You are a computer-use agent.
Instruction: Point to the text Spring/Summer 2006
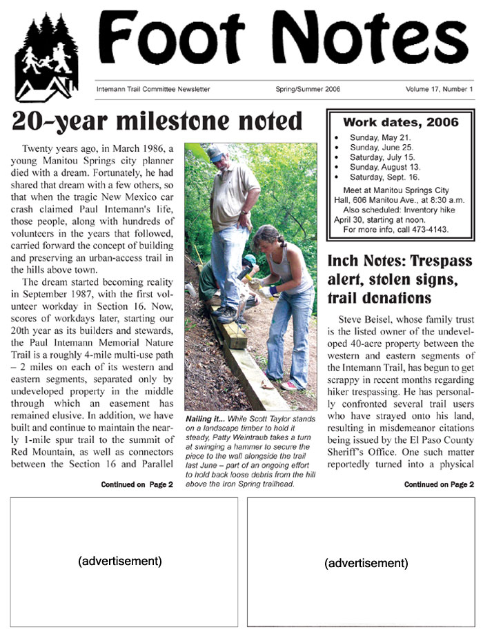point(307,89)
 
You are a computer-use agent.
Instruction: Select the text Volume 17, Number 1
point(439,89)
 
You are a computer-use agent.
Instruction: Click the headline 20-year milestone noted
point(158,121)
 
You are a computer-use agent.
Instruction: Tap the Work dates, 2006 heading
point(401,123)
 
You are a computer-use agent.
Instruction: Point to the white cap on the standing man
point(217,151)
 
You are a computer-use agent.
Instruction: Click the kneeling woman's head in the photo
point(267,237)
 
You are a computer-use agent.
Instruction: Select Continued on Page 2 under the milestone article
point(137,485)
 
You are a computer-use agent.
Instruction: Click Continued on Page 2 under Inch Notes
point(439,485)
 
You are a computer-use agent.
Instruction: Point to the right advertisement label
point(366,563)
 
